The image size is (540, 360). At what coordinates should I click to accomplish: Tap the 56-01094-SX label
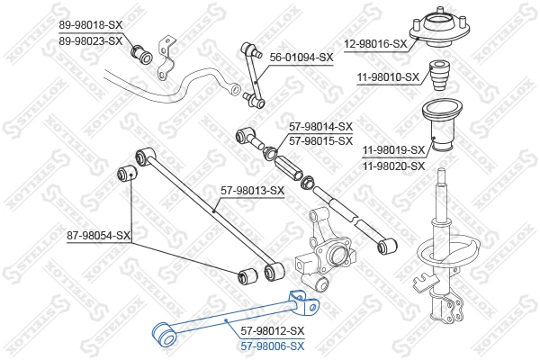tap(302, 56)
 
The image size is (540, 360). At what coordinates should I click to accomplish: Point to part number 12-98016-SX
tap(376, 43)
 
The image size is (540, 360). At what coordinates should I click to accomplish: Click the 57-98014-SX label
tap(320, 127)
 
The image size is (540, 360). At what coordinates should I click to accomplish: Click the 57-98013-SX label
tap(253, 190)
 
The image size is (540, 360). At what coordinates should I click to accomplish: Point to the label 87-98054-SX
tap(98, 236)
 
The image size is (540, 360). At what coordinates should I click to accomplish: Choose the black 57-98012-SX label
tap(274, 331)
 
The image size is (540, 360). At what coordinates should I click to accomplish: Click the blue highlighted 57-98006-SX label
tap(273, 345)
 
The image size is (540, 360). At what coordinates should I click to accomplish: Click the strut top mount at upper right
tap(443, 35)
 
